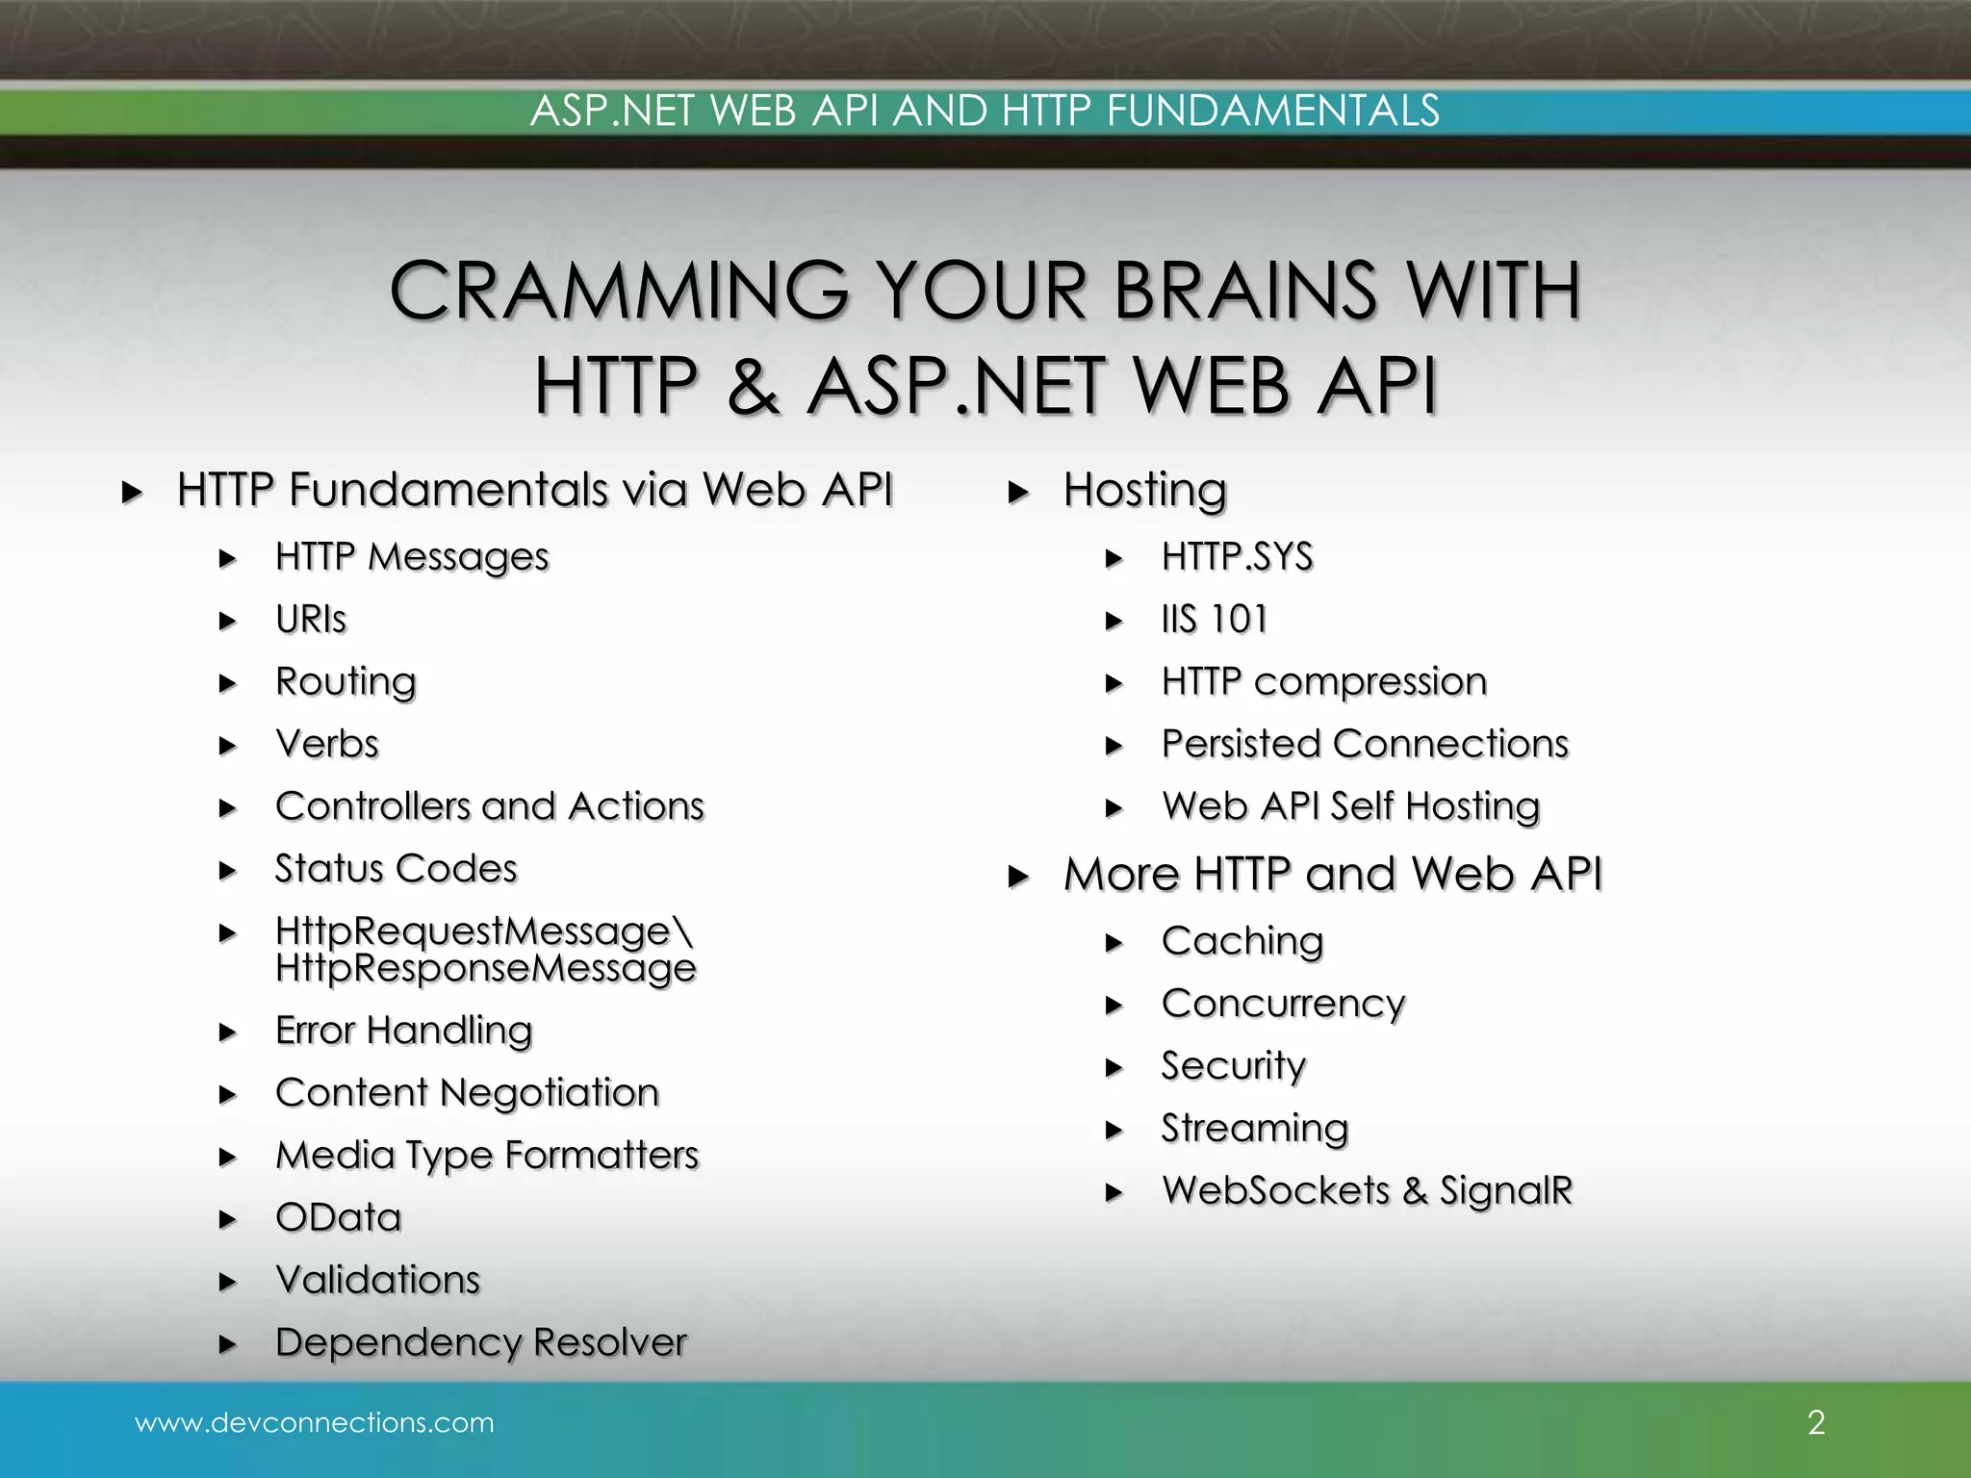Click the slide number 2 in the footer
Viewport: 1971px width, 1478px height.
pos(1816,1422)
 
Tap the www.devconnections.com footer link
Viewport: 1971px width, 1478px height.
pos(314,1422)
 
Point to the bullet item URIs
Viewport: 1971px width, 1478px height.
pos(310,619)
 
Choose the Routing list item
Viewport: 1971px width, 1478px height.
pos(346,681)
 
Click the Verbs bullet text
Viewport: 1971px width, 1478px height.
pos(327,744)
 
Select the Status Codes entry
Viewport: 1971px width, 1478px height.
pos(396,868)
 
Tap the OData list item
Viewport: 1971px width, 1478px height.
pos(338,1217)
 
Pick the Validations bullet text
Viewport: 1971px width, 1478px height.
pos(377,1280)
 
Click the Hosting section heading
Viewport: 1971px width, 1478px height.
pos(1145,490)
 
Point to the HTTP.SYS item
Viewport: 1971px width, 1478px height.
pos(1237,557)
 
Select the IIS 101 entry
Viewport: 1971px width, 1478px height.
pos(1215,619)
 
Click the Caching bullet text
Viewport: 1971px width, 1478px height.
pos(1242,941)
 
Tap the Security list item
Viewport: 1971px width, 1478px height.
pos(1234,1065)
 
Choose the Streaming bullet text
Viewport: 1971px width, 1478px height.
pos(1255,1128)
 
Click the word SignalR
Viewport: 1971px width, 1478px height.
pos(1506,1190)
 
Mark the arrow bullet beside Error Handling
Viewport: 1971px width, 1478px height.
pos(227,1032)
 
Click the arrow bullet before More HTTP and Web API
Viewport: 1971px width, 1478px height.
pos(1018,877)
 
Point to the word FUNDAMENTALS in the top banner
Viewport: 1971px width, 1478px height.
pos(1272,111)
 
